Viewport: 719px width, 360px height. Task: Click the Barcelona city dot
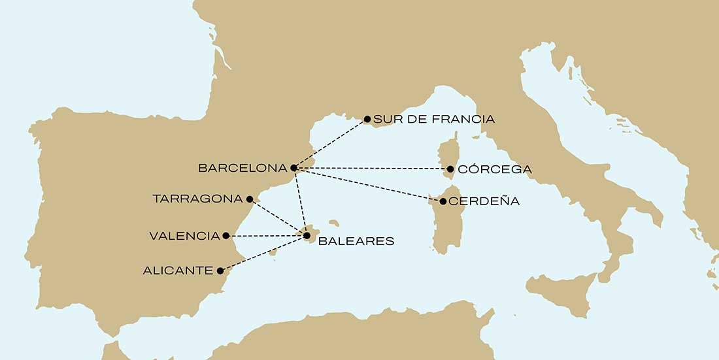(293, 168)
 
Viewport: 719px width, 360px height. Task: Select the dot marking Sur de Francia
(367, 119)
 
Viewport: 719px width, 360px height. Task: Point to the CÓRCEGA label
(494, 170)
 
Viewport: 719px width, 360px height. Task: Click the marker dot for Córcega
(450, 169)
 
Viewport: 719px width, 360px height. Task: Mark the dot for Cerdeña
(443, 201)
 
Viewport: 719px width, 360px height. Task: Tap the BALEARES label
(356, 241)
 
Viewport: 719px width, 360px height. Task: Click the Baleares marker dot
(307, 235)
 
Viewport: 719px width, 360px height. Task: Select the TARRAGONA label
(197, 199)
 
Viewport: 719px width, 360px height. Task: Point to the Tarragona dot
(250, 198)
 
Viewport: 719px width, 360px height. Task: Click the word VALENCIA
(184, 236)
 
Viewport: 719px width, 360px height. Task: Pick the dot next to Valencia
(226, 235)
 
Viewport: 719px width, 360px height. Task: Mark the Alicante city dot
(220, 270)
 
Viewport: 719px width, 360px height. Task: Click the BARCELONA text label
(242, 169)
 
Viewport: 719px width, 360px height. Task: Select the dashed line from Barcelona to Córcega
(373, 169)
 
